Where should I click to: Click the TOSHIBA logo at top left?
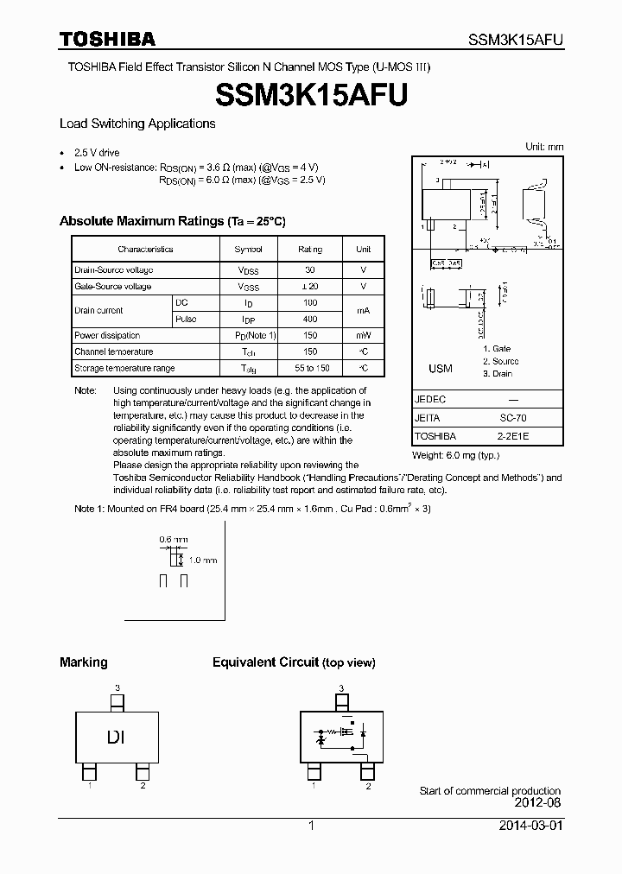(x=107, y=39)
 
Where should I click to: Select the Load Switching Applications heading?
(x=137, y=123)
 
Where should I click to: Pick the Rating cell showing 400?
(x=310, y=319)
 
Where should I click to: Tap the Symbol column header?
(x=247, y=249)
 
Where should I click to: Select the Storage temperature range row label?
(x=124, y=368)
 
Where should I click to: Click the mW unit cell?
(x=363, y=335)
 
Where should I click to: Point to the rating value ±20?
(x=310, y=286)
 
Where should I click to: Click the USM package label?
(x=441, y=369)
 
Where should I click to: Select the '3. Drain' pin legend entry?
(x=498, y=374)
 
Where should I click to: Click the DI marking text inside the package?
(x=117, y=737)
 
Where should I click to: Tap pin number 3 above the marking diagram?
(x=117, y=687)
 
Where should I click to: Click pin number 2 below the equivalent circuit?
(x=368, y=787)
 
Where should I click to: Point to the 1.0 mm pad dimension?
(x=203, y=560)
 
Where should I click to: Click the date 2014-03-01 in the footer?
(x=530, y=826)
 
